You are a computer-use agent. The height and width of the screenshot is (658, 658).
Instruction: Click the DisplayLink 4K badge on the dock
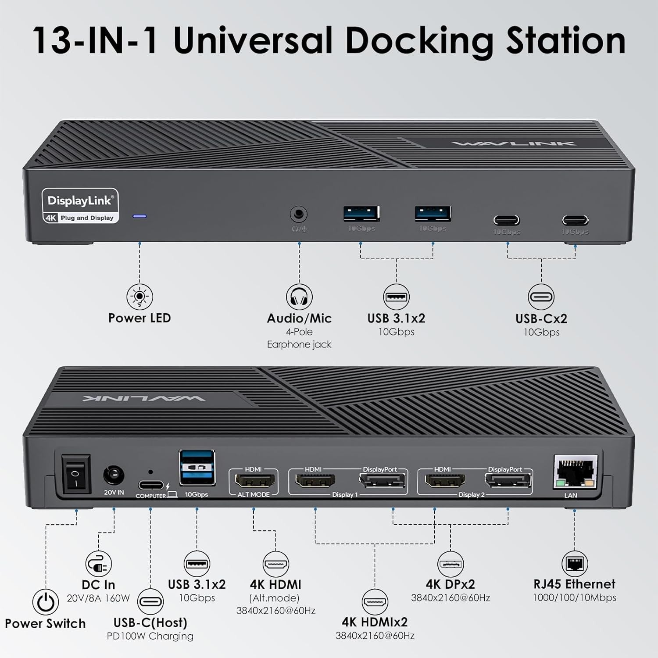pos(80,206)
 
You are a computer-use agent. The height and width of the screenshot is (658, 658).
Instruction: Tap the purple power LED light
pos(139,216)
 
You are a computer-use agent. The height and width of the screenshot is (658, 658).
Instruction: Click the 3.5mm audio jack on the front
pos(299,215)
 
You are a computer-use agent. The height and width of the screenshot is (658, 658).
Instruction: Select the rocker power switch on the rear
pos(76,474)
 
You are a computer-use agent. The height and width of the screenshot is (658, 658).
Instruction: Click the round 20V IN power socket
pos(113,476)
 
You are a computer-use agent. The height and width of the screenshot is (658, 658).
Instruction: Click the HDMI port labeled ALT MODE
pos(254,481)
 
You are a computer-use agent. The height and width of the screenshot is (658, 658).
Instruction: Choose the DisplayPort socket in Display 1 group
pos(383,482)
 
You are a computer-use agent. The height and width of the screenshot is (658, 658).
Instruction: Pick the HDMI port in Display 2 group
pos(445,481)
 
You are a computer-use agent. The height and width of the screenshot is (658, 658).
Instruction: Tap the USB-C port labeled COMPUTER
pos(151,485)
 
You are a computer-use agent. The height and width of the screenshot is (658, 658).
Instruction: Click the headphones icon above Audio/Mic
pos(299,297)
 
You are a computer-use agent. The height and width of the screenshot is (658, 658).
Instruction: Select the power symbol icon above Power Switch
pos(45,602)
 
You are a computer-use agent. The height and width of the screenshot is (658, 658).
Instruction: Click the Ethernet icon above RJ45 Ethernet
pos(574,564)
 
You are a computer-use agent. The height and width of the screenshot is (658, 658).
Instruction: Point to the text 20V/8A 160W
pos(98,598)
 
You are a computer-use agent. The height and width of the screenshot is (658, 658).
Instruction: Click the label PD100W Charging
pos(150,636)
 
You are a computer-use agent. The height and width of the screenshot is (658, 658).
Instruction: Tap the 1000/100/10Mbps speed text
pos(574,597)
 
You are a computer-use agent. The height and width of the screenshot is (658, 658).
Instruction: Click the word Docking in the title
pos(419,41)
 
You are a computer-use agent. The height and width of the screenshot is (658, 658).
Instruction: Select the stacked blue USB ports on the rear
pos(197,468)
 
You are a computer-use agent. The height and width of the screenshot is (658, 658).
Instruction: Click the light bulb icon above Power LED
pos(139,297)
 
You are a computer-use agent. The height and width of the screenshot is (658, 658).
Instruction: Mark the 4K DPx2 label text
pos(451,584)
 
